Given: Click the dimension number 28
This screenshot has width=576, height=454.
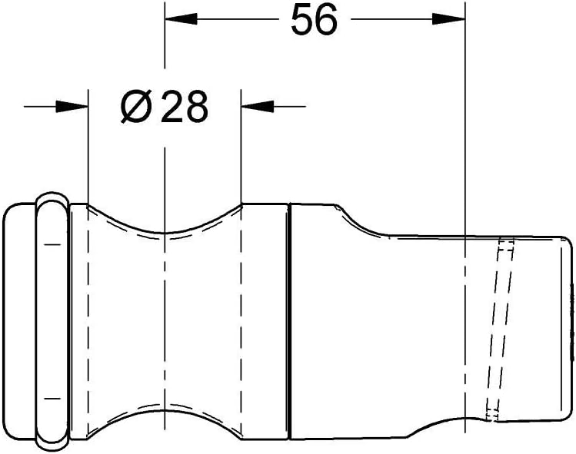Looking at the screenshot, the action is click(x=184, y=107).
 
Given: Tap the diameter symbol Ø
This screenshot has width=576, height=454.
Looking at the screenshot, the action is click(x=136, y=107).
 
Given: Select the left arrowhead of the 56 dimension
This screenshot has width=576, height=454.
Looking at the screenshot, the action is click(x=181, y=19).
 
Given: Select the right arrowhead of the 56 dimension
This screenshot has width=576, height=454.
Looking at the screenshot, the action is click(x=449, y=19).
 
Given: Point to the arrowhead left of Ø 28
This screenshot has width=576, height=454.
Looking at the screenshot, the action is click(x=72, y=107).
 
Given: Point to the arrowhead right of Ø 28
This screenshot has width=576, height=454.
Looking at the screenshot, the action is click(x=257, y=107).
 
